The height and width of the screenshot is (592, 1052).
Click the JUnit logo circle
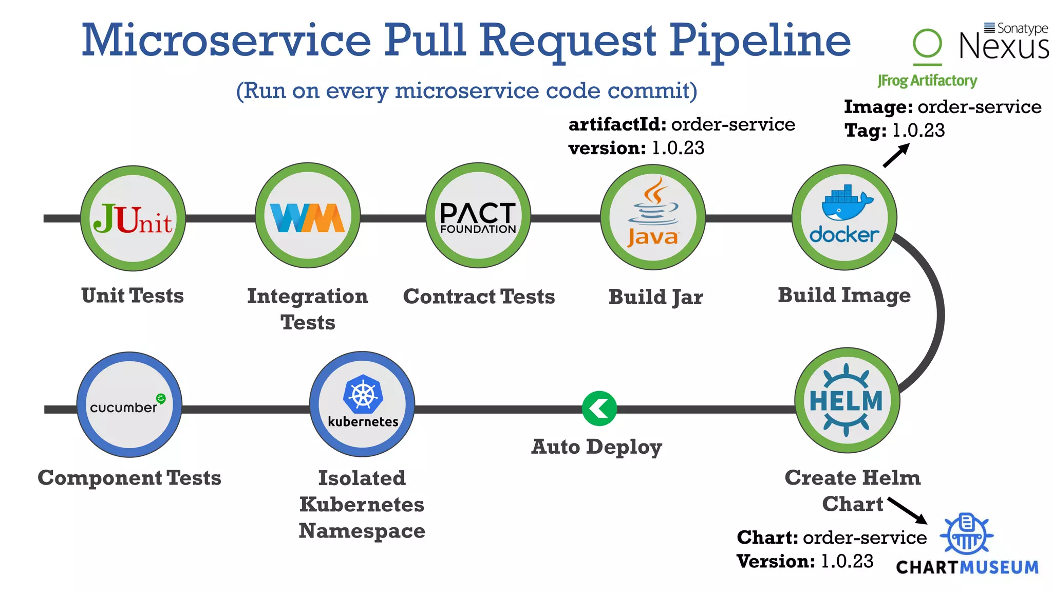pyautogui.click(x=133, y=218)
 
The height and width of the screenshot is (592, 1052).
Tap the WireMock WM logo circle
pyautogui.click(x=308, y=216)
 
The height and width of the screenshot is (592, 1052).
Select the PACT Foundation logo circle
pyautogui.click(x=478, y=216)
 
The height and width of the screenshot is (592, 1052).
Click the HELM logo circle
pyautogui.click(x=847, y=400)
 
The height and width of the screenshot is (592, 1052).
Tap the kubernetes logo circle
pyautogui.click(x=362, y=404)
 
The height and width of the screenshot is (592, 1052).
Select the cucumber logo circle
pyautogui.click(x=129, y=405)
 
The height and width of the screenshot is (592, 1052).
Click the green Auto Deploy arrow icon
pyautogui.click(x=599, y=409)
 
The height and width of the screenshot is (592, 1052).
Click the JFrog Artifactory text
pyautogui.click(x=927, y=81)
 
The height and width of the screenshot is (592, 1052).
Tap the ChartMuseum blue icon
pyautogui.click(x=966, y=534)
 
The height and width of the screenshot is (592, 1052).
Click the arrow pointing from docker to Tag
pyautogui.click(x=896, y=155)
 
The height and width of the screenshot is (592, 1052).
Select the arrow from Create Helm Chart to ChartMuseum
pyautogui.click(x=908, y=510)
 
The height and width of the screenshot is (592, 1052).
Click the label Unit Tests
pyautogui.click(x=133, y=295)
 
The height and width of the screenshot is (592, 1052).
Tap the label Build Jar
pyautogui.click(x=655, y=297)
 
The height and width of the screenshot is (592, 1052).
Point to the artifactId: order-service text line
pyautogui.click(x=682, y=124)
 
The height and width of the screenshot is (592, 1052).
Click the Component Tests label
pyautogui.click(x=129, y=478)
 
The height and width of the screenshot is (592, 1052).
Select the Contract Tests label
pyautogui.click(x=479, y=297)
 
